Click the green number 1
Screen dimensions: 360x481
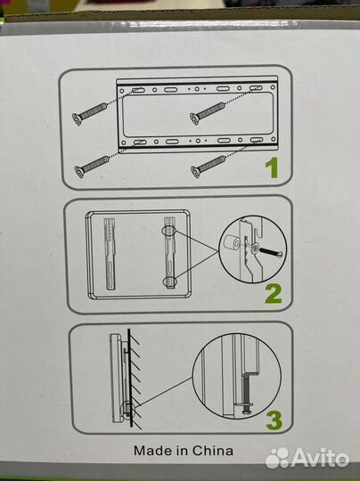[x=273, y=167]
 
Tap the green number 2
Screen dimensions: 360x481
[x=273, y=294]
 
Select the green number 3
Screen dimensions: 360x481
[x=274, y=420]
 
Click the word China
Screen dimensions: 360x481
[x=213, y=451]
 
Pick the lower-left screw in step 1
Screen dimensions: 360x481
[x=92, y=167]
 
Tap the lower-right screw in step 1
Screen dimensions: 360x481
[x=209, y=166]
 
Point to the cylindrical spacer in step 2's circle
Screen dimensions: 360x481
[x=233, y=243]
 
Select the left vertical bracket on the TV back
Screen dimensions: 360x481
[x=110, y=253]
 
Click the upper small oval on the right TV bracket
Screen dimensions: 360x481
[x=169, y=231]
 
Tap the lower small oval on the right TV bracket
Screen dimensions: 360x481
[x=170, y=281]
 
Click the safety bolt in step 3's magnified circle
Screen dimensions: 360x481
[x=248, y=394]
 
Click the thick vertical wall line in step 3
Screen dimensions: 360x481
[x=130, y=378]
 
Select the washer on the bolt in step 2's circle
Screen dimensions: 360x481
[x=255, y=249]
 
